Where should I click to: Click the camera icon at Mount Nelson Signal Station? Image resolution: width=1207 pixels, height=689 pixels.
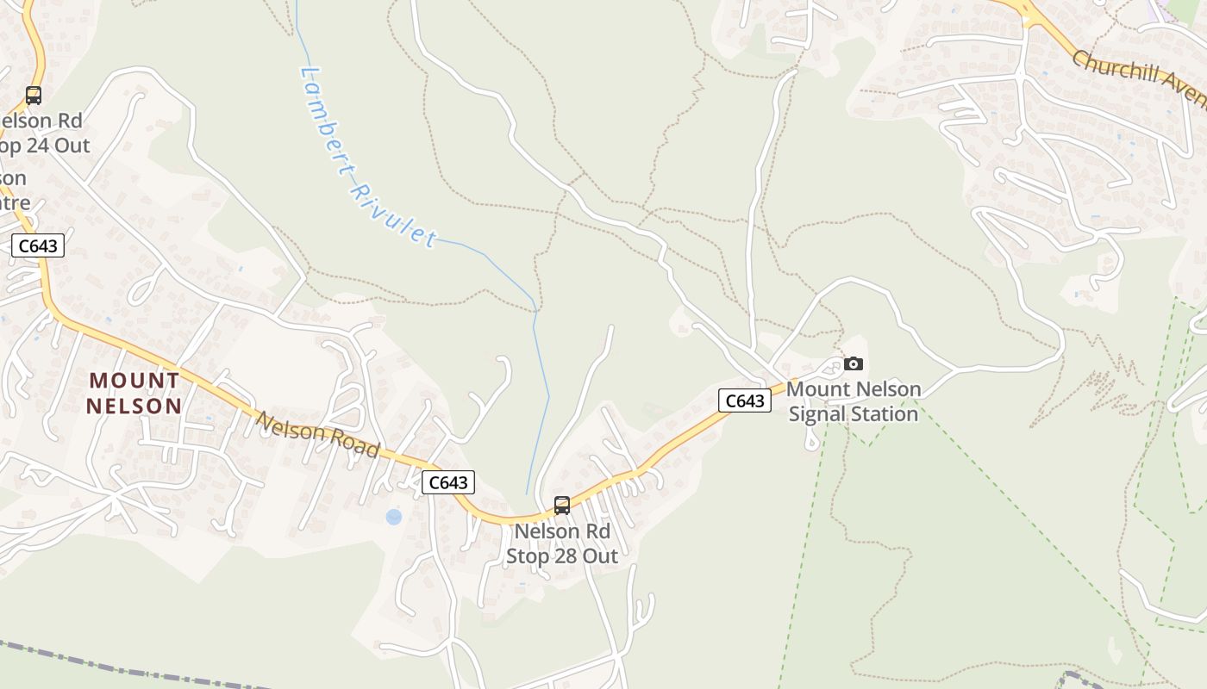(854, 363)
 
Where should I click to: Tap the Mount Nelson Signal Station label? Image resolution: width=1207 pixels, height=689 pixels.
(854, 401)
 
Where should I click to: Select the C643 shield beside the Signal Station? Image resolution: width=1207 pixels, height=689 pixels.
(745, 400)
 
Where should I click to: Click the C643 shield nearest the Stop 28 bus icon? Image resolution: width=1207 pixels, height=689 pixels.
(448, 482)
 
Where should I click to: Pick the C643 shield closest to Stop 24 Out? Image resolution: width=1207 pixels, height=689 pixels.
(38, 246)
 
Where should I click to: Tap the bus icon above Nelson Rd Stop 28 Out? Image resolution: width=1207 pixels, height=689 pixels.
(562, 506)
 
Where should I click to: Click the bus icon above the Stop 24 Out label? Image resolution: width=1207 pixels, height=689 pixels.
(34, 96)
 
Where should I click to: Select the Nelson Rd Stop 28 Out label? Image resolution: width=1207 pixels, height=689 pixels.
(562, 543)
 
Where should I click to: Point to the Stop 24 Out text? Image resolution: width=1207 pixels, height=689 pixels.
(45, 146)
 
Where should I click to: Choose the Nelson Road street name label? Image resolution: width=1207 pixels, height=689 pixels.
(318, 434)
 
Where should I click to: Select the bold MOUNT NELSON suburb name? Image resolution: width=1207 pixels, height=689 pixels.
(135, 393)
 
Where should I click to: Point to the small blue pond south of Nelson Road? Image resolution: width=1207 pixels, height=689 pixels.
(394, 517)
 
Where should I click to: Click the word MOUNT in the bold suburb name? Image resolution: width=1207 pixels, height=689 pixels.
(135, 380)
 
